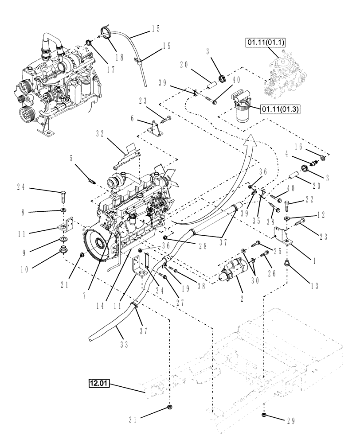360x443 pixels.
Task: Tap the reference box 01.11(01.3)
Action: tap(278, 108)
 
